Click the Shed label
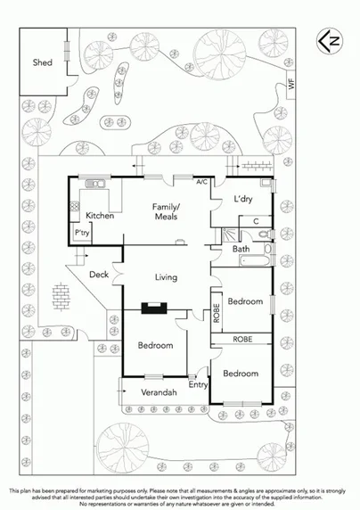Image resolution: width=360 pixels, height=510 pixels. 43,62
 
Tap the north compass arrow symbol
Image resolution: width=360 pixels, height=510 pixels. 330,40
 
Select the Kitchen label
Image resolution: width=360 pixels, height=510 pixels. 99,216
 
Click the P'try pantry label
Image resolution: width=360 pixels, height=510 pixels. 83,234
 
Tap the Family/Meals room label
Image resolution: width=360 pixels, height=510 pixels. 165,211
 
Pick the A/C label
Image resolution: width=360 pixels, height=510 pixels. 202,181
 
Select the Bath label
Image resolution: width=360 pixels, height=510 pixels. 241,250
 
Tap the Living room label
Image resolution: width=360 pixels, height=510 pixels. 167,277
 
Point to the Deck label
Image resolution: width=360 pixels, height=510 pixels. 99,275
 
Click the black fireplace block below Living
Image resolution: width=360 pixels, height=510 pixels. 153,309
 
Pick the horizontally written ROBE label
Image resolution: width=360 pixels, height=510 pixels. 242,340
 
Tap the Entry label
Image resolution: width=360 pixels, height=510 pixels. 198,385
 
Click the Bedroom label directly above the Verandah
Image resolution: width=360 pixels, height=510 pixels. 155,345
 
